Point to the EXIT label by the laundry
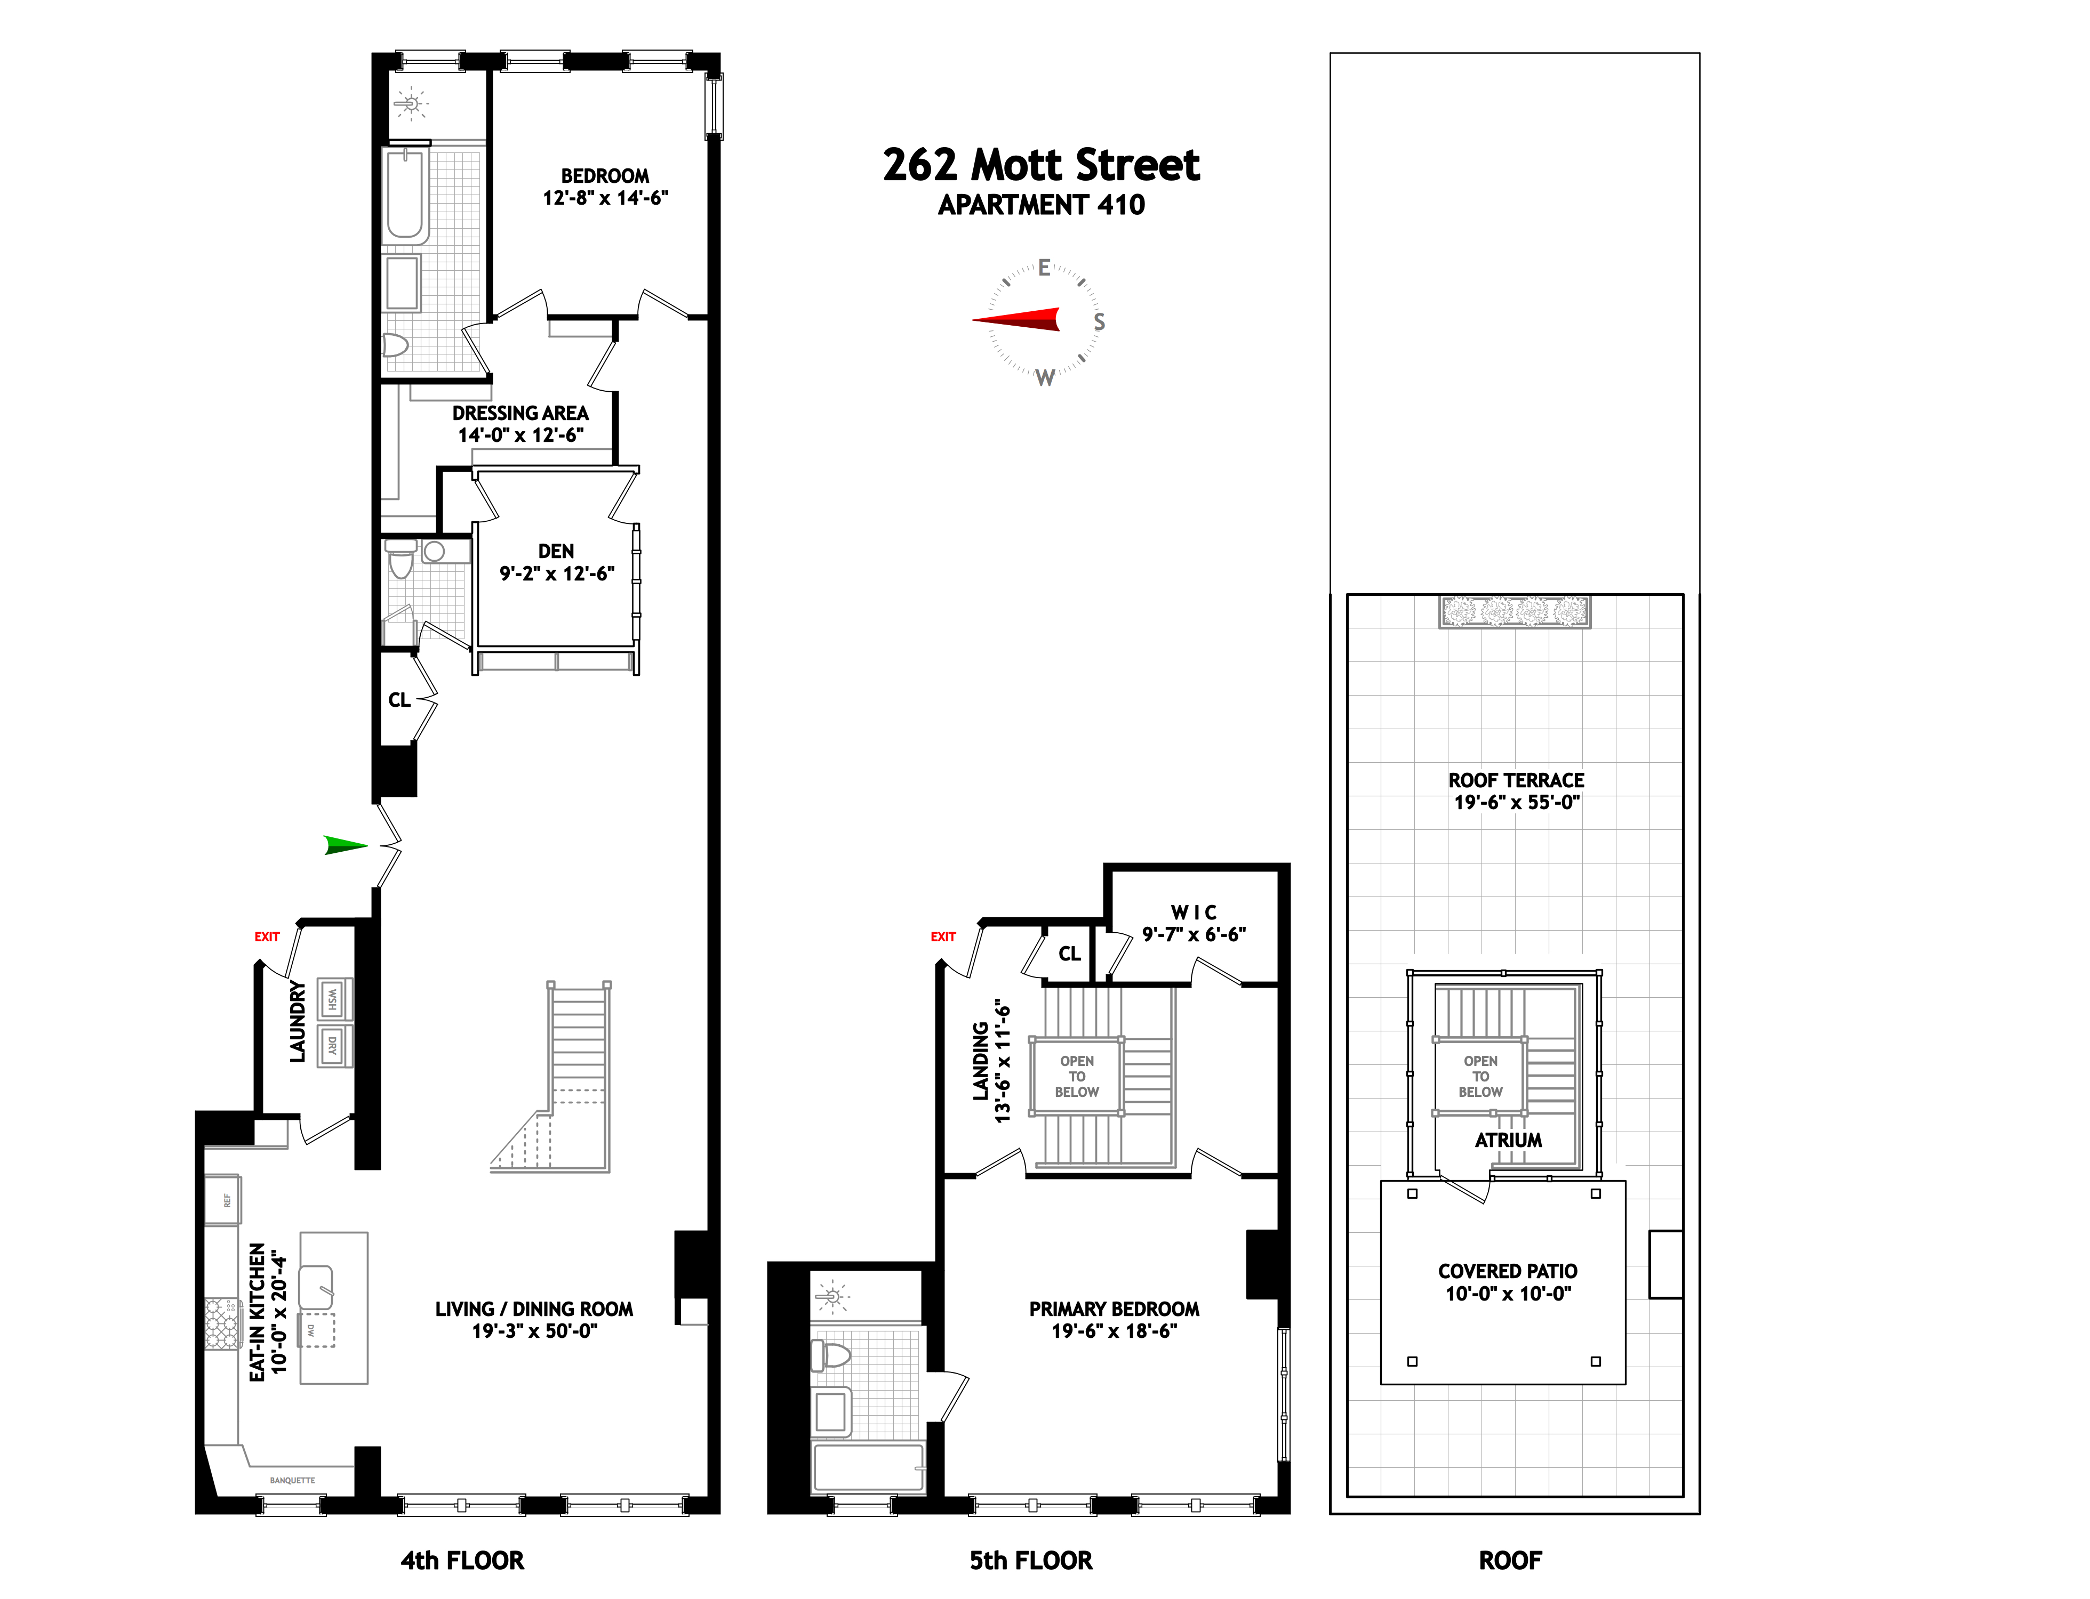point(267,936)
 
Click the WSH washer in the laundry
point(332,999)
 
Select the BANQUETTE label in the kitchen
point(292,1480)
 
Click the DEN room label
point(556,551)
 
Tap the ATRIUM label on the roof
point(1508,1140)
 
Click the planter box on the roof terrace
point(1514,611)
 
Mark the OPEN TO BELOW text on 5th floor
point(1076,1077)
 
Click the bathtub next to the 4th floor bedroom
point(406,195)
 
